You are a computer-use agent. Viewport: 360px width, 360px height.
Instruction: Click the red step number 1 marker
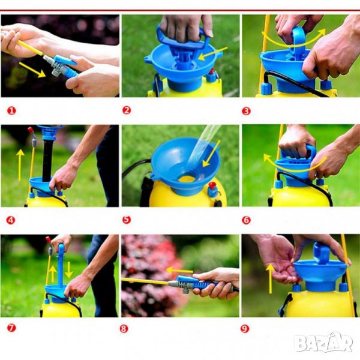coord(11,111)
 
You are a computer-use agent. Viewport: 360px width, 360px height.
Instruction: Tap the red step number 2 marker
coord(127,110)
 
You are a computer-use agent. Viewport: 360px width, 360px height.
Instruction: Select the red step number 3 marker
coord(246,111)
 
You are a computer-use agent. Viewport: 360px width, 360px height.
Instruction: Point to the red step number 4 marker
coord(11,220)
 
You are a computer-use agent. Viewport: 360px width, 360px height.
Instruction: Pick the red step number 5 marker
coord(127,220)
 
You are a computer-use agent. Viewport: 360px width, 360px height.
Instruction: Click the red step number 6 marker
coord(246,220)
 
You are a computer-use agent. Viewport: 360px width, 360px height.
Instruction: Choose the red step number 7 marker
coord(11,328)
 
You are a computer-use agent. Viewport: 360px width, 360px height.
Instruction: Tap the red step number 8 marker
coord(124,329)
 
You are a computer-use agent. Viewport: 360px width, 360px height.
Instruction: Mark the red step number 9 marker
coord(245,329)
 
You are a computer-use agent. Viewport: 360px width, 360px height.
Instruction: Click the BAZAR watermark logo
coord(323,343)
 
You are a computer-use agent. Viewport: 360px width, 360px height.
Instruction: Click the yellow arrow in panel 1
coord(32,70)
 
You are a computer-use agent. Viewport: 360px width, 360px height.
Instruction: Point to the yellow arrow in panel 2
coord(212,54)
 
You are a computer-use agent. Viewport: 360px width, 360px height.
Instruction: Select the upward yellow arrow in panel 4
coord(20,165)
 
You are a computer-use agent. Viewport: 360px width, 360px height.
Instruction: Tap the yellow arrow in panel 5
coord(211,154)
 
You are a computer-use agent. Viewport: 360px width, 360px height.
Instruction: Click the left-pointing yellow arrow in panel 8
coord(179,271)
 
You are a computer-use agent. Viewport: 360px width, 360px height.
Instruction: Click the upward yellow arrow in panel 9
coord(271,278)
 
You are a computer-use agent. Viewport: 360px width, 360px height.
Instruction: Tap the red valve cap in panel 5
coord(212,185)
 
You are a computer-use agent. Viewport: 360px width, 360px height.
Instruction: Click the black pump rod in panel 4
coord(47,160)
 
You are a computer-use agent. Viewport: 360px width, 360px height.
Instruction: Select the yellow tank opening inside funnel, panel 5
coord(187,179)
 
